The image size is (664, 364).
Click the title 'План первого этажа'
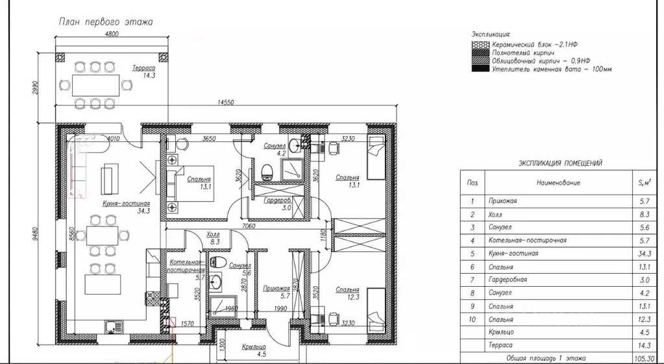105,21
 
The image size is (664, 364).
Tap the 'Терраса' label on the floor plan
143,67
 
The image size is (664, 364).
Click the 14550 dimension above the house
226,103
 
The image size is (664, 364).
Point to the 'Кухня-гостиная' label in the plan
126,203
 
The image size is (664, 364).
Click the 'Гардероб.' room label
277,200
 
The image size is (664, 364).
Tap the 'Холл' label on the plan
213,234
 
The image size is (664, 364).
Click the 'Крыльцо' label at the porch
254,347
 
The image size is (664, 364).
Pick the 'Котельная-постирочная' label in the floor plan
186,266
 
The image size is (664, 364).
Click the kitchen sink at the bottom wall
114,326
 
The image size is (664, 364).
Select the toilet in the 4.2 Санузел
267,172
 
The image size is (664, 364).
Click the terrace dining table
95,85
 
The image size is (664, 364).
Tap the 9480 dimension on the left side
36,233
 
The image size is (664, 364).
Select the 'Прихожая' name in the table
502,201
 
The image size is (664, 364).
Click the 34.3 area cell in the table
645,254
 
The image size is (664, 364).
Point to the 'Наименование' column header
558,183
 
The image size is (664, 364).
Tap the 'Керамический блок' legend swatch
480,45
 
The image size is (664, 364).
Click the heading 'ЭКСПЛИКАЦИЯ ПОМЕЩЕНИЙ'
560,164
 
